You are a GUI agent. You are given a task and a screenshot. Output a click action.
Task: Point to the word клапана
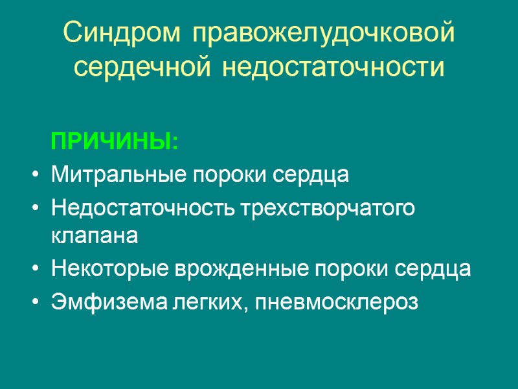95,237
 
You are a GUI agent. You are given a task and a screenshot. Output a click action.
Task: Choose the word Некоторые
106,270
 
